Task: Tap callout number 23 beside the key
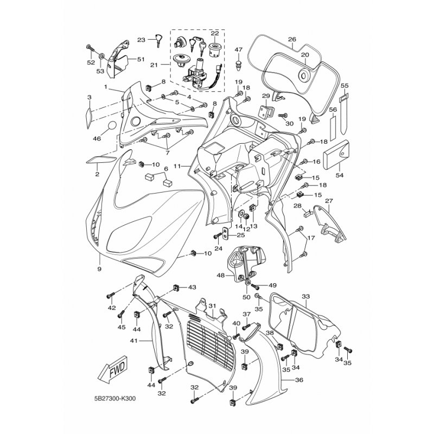point(141,40)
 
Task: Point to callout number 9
point(99,269)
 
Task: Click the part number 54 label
point(340,175)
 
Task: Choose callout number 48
point(221,276)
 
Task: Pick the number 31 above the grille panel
point(212,306)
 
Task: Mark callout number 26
point(292,39)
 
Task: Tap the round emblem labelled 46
point(112,126)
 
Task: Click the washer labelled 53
point(101,56)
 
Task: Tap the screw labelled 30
point(282,115)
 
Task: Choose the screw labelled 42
point(110,295)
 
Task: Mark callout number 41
point(134,341)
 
